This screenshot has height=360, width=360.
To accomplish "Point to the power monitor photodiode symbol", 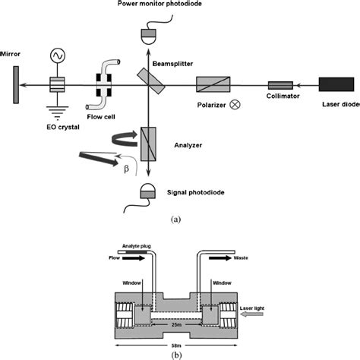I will click(148, 34).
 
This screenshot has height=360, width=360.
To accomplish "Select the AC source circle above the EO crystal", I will click(55, 55).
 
